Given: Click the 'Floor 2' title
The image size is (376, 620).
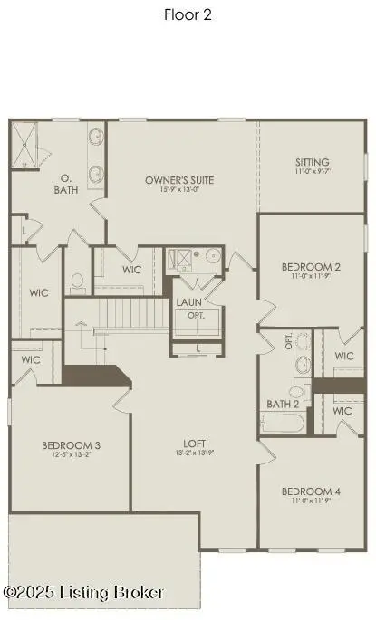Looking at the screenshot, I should point(188,14).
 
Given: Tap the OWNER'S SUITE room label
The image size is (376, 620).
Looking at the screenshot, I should point(179,180).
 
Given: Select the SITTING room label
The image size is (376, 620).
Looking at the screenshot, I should point(312,160).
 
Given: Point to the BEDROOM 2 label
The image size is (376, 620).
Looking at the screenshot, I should point(311,267).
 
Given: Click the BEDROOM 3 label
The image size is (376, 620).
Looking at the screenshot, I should point(71,445).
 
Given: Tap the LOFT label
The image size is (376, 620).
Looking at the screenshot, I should point(190,444).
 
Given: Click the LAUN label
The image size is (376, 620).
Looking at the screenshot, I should point(189,302).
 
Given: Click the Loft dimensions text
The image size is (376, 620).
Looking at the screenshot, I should point(190,453).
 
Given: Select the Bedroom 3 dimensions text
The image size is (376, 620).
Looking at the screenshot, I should point(71,454).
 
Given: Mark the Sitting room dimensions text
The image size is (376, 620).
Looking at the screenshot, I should point(312,169).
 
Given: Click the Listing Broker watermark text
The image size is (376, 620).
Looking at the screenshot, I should point(83,592).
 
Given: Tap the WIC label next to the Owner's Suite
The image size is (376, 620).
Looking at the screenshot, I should point(132,270).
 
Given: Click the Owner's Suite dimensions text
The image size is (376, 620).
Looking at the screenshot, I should point(179,189).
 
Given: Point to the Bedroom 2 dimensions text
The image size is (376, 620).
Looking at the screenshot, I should point(311,276).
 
